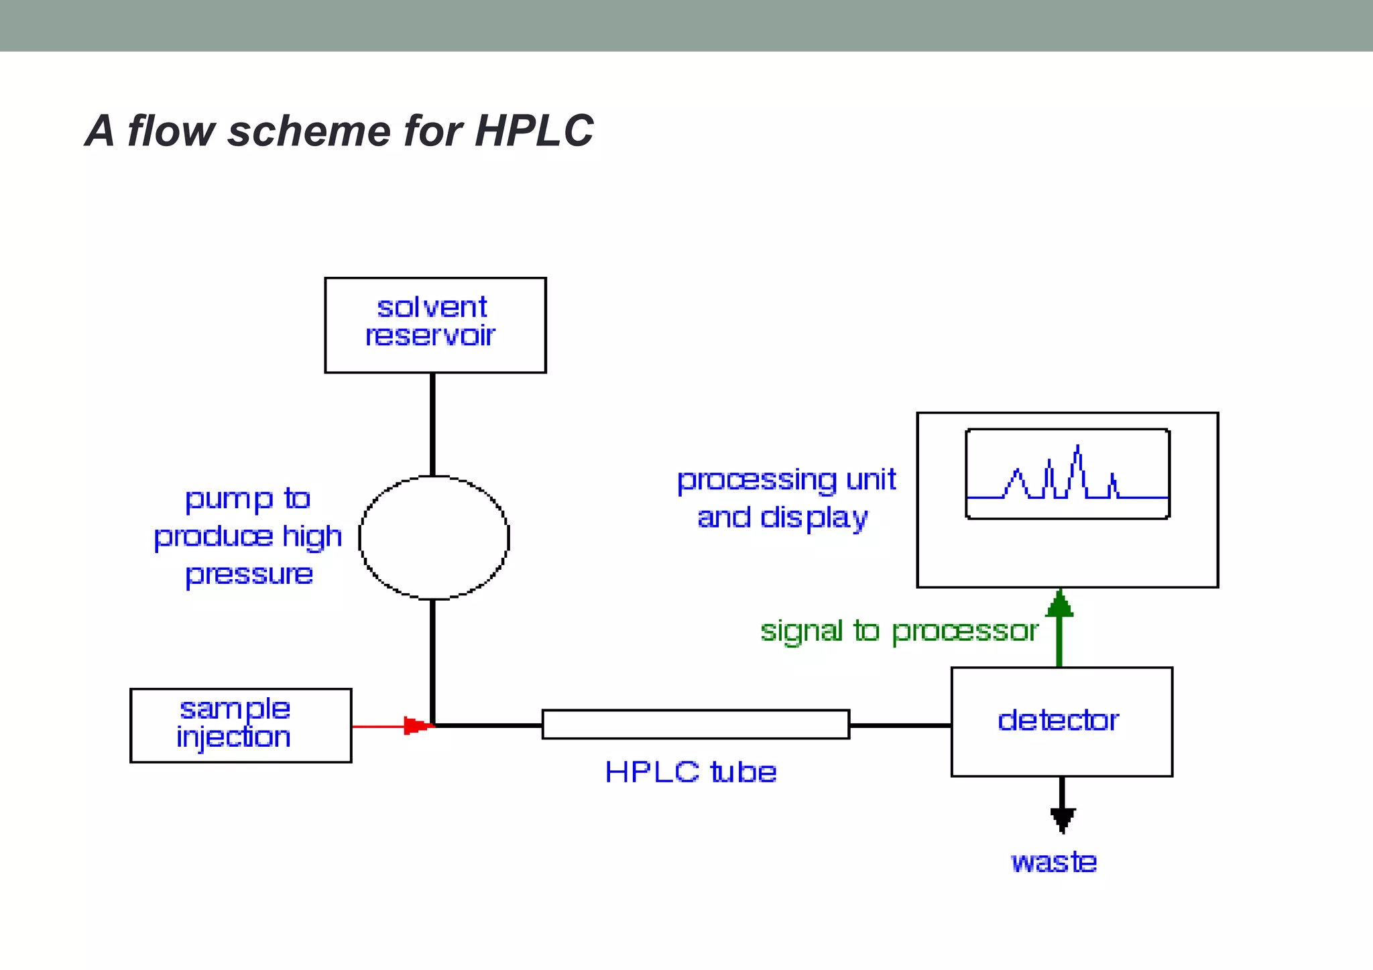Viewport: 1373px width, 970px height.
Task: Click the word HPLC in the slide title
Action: (534, 130)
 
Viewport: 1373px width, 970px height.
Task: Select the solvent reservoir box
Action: (435, 325)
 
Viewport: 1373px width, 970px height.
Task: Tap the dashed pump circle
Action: (434, 537)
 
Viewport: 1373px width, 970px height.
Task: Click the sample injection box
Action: (241, 725)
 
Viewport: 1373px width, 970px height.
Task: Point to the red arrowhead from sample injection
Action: (417, 726)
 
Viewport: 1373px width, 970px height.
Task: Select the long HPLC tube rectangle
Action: (695, 725)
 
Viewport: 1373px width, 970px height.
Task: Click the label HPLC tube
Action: (691, 772)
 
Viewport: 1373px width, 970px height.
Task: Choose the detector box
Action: (1061, 722)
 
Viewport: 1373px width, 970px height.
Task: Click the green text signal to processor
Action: (899, 631)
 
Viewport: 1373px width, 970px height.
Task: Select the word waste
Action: (1053, 862)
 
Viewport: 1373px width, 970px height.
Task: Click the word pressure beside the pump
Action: (249, 574)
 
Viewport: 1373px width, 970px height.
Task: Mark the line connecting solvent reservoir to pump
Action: (432, 424)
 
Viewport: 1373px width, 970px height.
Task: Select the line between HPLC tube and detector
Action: (900, 725)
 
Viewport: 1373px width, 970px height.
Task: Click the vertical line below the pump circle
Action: (432, 660)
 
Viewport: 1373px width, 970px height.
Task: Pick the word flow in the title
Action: (171, 130)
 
